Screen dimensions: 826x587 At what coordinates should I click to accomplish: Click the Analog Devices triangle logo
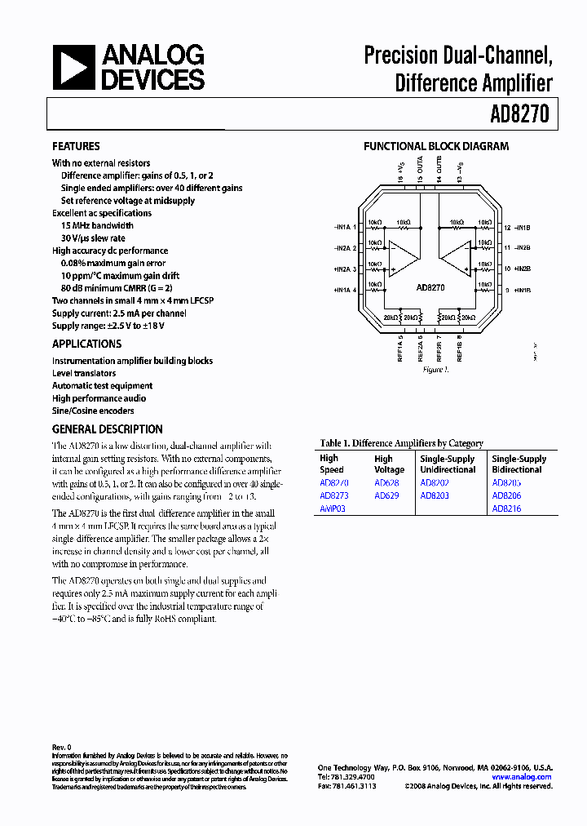74,67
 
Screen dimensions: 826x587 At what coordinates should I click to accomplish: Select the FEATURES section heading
76,146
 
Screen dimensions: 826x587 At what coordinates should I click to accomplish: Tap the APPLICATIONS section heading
86,344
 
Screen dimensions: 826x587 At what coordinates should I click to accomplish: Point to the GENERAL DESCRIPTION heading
107,429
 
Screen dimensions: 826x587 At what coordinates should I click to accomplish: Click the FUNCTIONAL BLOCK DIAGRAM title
435,147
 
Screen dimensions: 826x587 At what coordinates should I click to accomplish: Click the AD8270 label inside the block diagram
429,287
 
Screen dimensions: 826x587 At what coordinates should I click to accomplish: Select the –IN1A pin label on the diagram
343,227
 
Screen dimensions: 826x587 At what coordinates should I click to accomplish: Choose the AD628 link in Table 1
386,483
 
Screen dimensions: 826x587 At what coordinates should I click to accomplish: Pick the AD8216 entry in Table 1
506,508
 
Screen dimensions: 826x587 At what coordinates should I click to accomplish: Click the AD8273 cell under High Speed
333,495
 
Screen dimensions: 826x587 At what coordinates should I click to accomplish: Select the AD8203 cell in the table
435,495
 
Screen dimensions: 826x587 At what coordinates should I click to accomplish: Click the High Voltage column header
389,464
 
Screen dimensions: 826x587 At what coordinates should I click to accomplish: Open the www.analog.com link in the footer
522,777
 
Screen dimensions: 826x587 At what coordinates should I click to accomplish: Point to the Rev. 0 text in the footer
62,747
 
